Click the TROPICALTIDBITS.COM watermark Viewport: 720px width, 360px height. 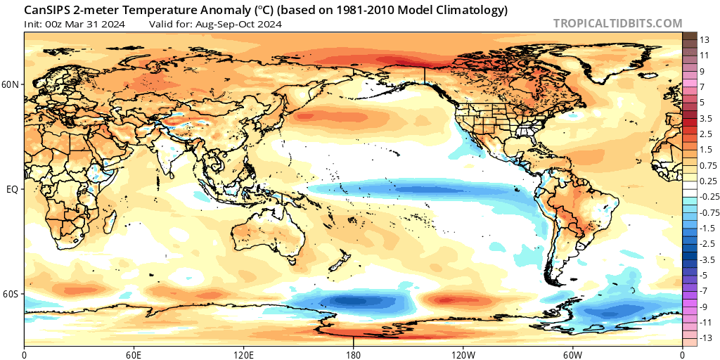tap(617, 23)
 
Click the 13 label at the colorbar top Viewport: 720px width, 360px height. tap(705, 40)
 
